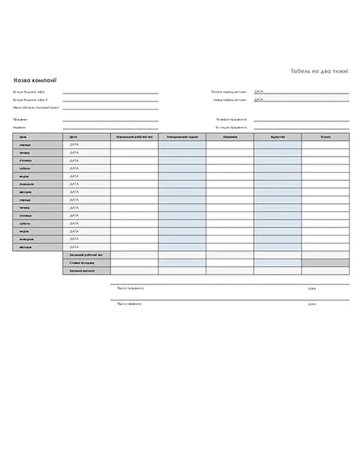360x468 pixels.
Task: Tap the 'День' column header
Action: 22,136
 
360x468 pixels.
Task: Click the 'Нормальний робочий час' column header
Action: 134,136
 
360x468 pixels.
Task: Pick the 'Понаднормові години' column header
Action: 182,136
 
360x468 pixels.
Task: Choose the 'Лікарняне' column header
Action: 230,136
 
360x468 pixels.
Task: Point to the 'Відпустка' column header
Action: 278,136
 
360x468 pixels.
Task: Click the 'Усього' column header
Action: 326,136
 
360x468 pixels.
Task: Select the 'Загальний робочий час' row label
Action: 82,255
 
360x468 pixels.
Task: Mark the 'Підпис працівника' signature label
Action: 130,288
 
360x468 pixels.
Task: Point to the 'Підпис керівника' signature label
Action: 129,304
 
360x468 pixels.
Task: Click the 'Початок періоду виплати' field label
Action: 229,92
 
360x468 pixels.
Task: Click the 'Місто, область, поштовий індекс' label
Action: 36,108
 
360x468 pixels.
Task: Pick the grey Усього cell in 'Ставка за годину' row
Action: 326,263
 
